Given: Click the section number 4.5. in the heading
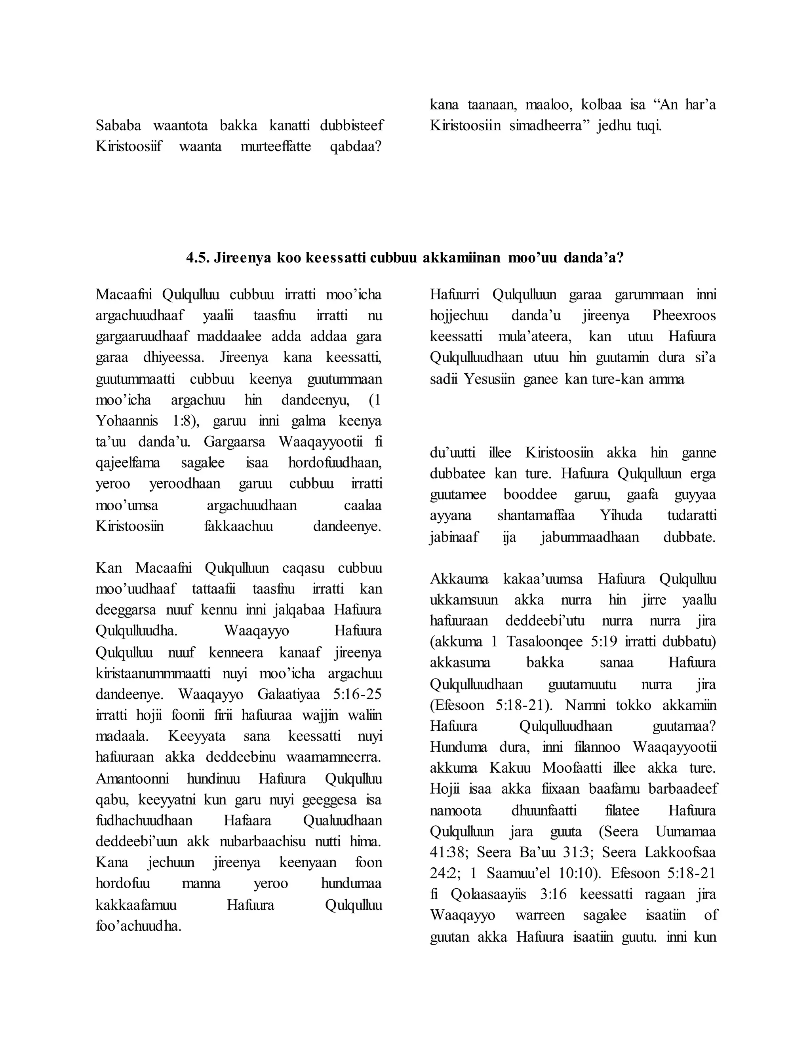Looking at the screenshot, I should click(x=198, y=258).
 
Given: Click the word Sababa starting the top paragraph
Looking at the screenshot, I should click(x=118, y=125).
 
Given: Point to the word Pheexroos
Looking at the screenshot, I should click(x=683, y=315).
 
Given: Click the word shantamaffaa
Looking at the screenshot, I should click(x=536, y=515).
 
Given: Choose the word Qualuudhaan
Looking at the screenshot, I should click(x=343, y=821).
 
